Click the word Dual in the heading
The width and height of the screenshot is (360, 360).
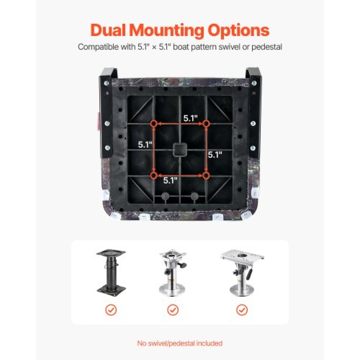pos(108,30)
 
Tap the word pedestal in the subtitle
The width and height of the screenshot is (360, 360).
pos(267,47)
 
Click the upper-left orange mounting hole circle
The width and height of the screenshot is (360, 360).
pos(154,124)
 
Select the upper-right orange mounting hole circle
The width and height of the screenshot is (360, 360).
pos(206,124)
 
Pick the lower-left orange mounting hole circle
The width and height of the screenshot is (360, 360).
pos(154,175)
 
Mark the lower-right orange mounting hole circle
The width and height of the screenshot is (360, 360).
pos(206,175)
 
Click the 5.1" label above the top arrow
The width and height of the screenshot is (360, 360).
pos(190,118)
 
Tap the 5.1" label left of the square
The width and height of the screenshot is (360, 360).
pos(145,145)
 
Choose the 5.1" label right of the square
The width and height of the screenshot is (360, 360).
pos(215,154)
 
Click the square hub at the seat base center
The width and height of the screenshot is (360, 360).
pos(180,149)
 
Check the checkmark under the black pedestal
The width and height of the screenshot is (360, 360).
pos(111,310)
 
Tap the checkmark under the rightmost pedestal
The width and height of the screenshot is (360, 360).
pos(242,310)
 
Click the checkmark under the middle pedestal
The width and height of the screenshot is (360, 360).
pos(173,310)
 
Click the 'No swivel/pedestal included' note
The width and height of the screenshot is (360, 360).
pos(180,338)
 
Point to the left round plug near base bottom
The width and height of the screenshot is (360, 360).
pos(165,196)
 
